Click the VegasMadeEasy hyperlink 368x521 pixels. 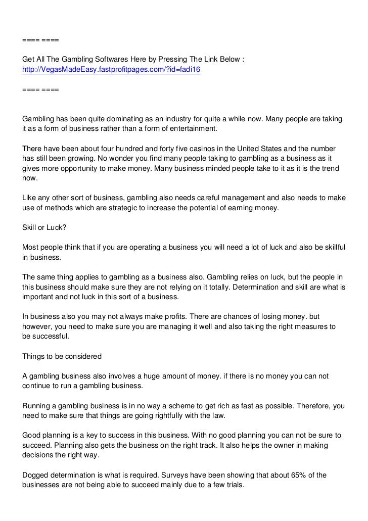pos(111,70)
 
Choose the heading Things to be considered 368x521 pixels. pos(62,356)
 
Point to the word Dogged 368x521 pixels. pos(35,475)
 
